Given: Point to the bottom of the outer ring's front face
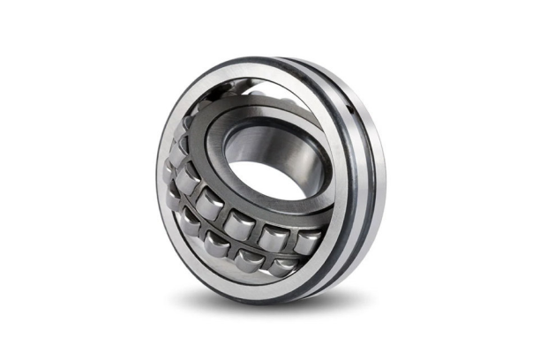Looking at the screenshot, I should (265, 288).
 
